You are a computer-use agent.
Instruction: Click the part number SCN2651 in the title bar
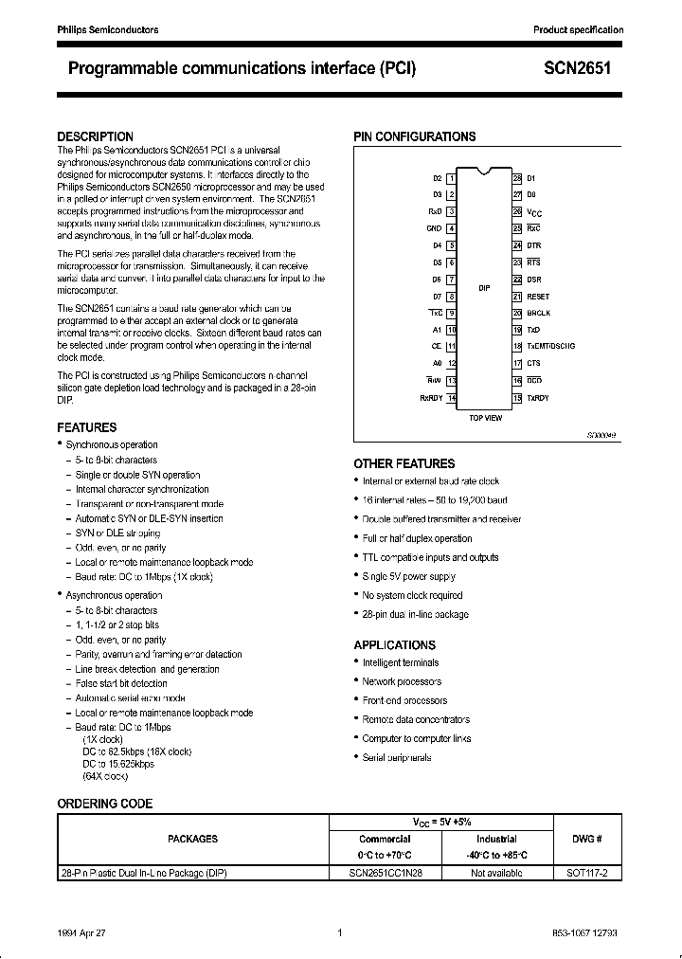[578, 69]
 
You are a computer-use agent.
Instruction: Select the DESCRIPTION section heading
[95, 136]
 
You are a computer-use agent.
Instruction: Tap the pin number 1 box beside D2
[452, 178]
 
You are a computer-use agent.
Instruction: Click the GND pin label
[434, 228]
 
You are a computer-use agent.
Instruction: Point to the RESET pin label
[539, 296]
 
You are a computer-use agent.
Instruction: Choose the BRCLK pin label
[539, 313]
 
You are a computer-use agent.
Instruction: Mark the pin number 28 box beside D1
[517, 178]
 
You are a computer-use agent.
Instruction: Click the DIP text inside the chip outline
[484, 287]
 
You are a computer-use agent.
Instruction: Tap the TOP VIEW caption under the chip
[485, 418]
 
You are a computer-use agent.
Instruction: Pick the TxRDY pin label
[538, 398]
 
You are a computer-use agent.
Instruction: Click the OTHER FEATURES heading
[404, 463]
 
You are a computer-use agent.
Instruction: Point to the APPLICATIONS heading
[395, 644]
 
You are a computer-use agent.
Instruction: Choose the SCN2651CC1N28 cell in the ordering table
[385, 873]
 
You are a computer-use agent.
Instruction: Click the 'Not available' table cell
[496, 873]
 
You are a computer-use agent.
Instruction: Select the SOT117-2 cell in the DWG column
[587, 873]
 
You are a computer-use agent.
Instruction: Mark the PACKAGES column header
[192, 839]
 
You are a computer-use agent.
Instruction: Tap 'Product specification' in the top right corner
[578, 30]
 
